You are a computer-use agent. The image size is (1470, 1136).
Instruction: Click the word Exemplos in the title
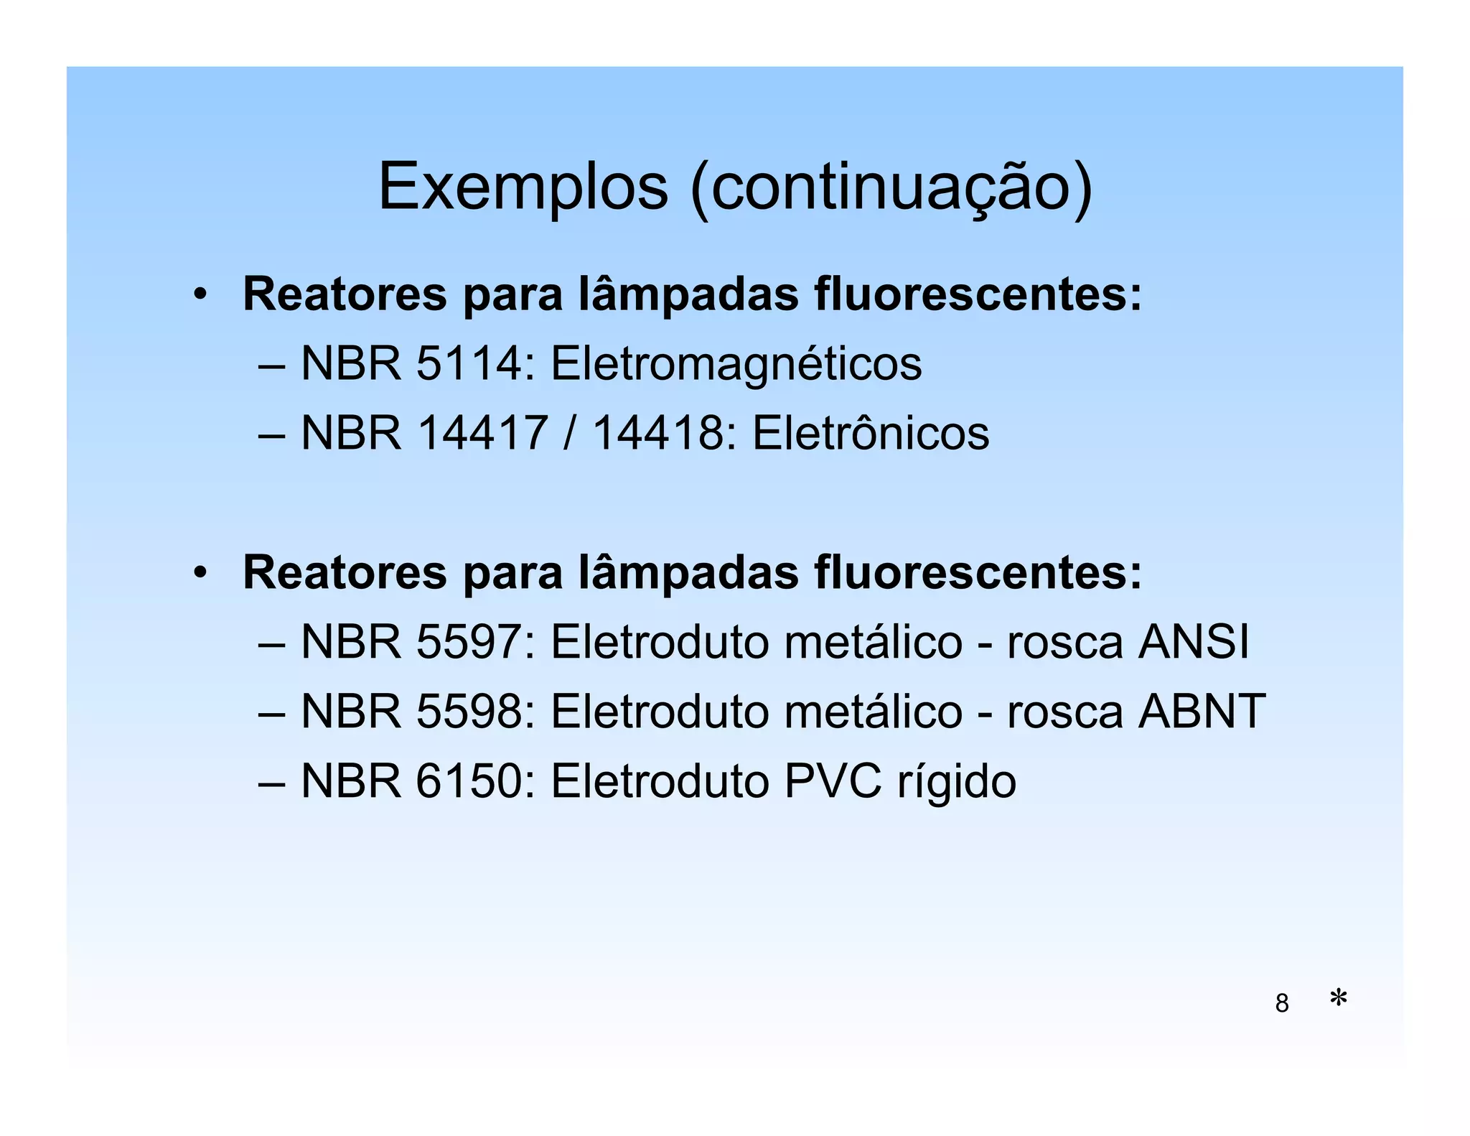(x=523, y=188)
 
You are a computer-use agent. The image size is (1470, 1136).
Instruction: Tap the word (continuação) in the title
(x=891, y=188)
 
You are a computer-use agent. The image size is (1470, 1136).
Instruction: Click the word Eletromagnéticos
(x=736, y=364)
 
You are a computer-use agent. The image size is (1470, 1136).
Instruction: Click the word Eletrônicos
(x=870, y=434)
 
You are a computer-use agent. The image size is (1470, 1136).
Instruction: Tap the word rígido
(x=956, y=783)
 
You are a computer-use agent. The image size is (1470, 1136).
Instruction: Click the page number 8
(x=1281, y=1003)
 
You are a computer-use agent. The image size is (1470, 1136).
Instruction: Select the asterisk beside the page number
(x=1338, y=998)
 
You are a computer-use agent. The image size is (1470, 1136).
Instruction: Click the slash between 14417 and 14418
(x=569, y=434)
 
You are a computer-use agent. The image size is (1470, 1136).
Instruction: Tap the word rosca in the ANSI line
(x=1064, y=643)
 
